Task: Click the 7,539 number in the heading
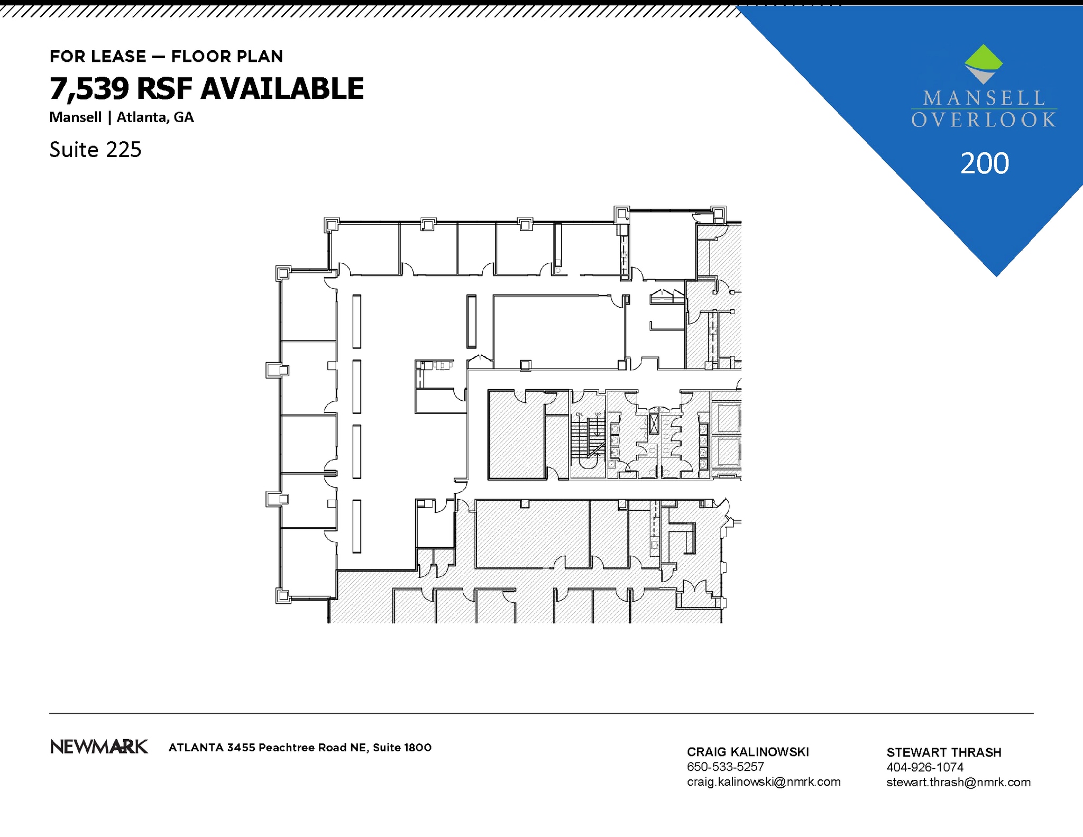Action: point(89,88)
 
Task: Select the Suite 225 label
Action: point(95,150)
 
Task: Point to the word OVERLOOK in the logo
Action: point(984,120)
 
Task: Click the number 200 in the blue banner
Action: point(985,163)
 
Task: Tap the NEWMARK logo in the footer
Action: point(99,747)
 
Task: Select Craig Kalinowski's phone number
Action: point(725,767)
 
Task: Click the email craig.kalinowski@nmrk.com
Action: point(763,781)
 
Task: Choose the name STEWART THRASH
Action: point(943,752)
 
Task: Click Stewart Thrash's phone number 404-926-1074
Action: point(924,767)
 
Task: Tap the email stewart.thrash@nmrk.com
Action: point(958,782)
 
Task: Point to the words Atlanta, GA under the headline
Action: point(155,117)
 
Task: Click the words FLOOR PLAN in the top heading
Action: point(227,57)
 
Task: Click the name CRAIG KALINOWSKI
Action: point(747,752)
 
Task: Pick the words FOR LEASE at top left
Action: point(98,57)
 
